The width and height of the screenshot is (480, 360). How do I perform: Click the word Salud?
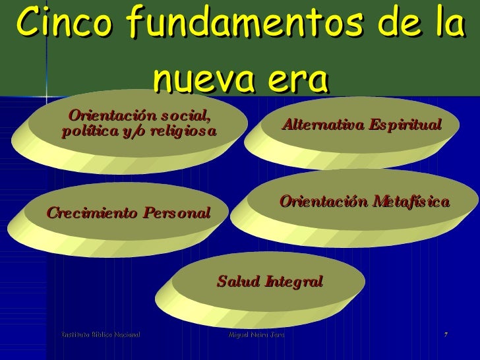[x=236, y=282]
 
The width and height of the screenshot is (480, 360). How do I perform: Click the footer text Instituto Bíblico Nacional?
[x=100, y=336]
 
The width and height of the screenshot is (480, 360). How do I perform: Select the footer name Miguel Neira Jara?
[x=255, y=336]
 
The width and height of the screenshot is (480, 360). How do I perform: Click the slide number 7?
[x=446, y=336]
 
